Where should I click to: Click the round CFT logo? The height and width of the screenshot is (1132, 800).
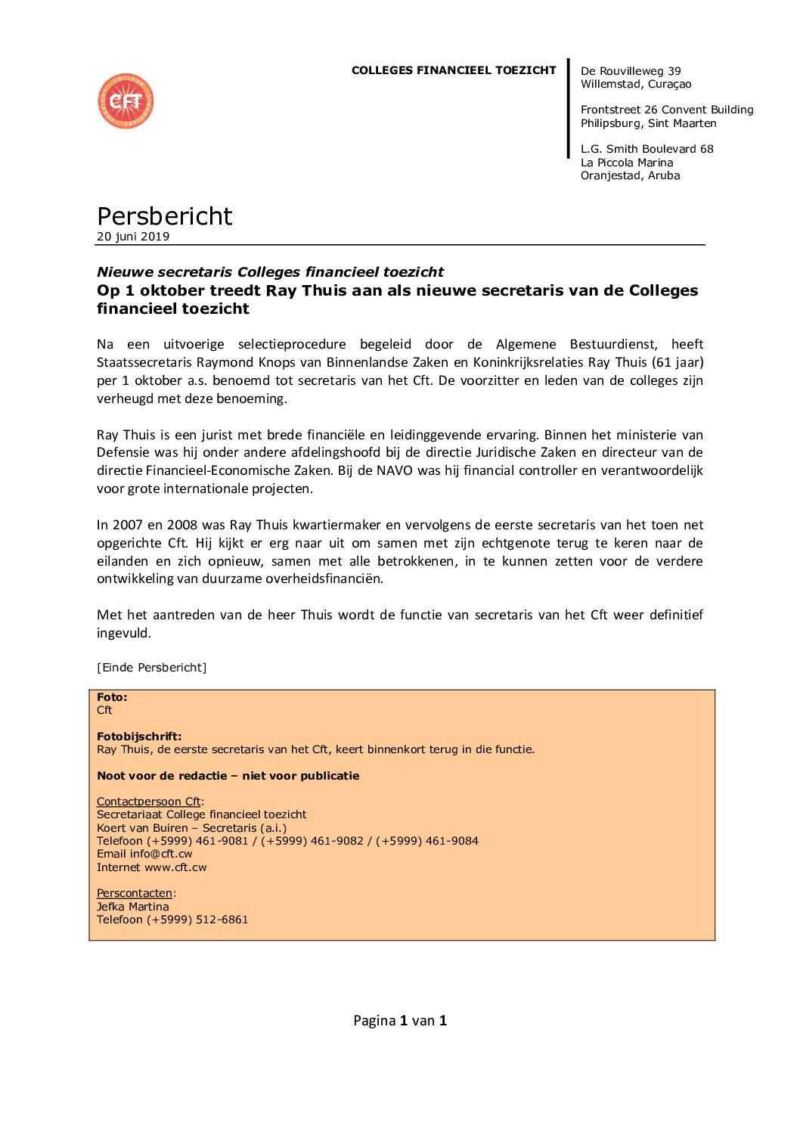(x=126, y=101)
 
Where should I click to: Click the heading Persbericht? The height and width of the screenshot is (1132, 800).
(x=164, y=216)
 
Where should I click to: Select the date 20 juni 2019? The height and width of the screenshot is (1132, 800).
(x=133, y=237)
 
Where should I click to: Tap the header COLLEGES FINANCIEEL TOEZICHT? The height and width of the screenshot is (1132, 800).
(x=454, y=70)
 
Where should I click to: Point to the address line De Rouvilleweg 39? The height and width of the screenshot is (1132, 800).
(x=631, y=71)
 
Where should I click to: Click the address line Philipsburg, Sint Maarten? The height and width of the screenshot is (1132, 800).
(x=648, y=123)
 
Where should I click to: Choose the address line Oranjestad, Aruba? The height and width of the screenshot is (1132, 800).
(x=630, y=175)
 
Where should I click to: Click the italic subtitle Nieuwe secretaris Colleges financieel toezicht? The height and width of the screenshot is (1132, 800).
(x=270, y=272)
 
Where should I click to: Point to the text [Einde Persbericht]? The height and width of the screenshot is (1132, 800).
(x=151, y=668)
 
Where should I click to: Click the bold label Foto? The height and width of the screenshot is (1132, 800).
(x=112, y=697)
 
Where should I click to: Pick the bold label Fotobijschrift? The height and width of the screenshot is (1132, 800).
(x=139, y=737)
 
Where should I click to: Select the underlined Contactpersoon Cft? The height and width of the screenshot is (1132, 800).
(x=149, y=802)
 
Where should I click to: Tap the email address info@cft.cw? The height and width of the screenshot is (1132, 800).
(x=161, y=854)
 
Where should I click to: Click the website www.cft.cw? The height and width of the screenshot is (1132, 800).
(x=175, y=867)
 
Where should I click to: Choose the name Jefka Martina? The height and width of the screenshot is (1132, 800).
(x=132, y=907)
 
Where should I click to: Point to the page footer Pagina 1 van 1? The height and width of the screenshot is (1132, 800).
(x=400, y=1021)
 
